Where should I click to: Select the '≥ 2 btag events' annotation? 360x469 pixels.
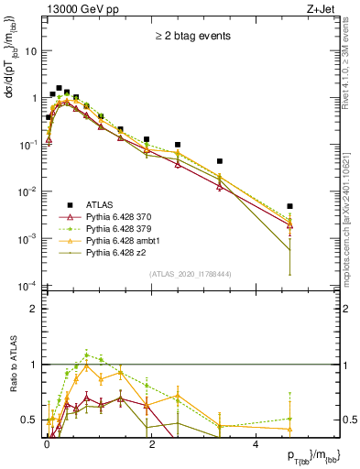tap(191, 37)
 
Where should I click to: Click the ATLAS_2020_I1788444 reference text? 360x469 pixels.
tap(191, 273)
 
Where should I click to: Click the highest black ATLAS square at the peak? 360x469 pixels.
tap(59, 88)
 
